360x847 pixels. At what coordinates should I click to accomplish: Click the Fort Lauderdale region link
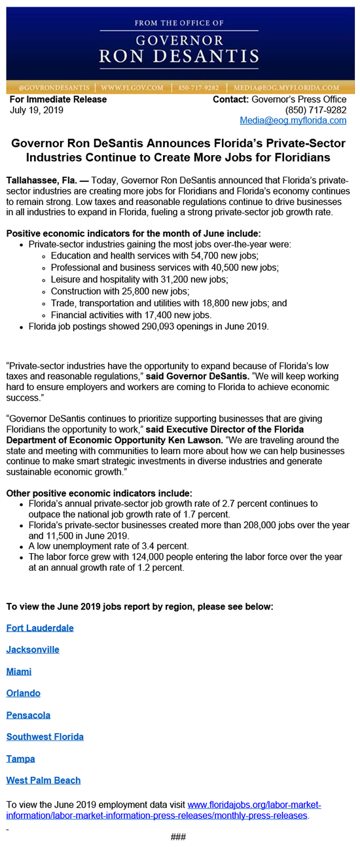(40, 628)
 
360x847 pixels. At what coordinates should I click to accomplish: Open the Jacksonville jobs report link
(33, 650)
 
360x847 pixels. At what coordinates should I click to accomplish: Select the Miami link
(19, 672)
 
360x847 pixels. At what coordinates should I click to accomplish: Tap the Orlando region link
(24, 693)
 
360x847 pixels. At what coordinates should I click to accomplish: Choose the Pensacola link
(28, 715)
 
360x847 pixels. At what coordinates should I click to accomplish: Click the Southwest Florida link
(45, 737)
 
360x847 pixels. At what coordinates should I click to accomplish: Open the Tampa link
(20, 759)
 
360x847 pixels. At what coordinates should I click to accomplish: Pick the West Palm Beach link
(43, 780)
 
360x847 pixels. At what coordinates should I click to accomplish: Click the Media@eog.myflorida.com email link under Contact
(293, 120)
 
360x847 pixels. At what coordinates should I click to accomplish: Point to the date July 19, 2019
(37, 110)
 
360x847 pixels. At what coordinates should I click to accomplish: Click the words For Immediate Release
(58, 99)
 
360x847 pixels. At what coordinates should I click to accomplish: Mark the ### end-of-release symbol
(178, 837)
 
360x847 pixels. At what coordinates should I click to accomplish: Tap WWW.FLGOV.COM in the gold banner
(132, 87)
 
